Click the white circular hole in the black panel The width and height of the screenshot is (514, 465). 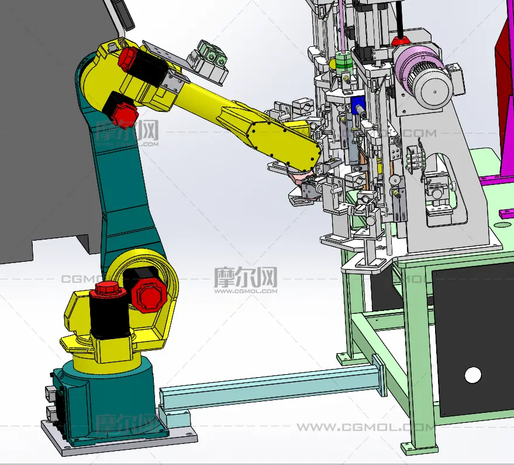click(472, 375)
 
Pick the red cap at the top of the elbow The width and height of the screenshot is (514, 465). click(127, 59)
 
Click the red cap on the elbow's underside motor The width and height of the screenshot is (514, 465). click(125, 115)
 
